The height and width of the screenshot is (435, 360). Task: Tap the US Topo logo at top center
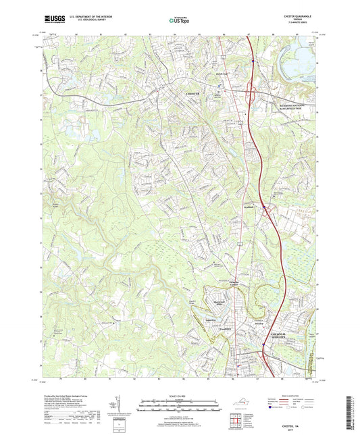coord(179,21)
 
